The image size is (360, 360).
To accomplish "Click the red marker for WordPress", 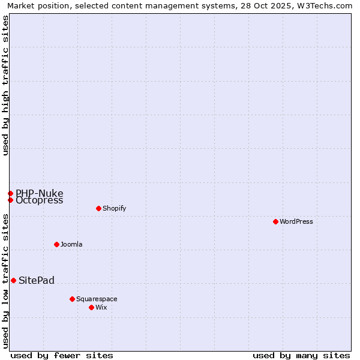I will pyautogui.click(x=275, y=221).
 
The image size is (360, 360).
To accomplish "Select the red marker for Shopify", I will pyautogui.click(x=98, y=208).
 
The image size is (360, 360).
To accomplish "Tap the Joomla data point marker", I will pyautogui.click(x=56, y=244).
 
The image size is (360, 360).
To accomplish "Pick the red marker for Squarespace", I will pyautogui.click(x=72, y=299).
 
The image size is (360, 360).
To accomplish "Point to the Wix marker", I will pyautogui.click(x=91, y=307).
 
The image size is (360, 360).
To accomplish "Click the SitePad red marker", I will pyautogui.click(x=13, y=280).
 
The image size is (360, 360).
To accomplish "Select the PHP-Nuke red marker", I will pyautogui.click(x=10, y=193).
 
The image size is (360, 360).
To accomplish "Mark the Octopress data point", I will pyautogui.click(x=10, y=200).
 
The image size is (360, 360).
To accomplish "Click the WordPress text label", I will pyautogui.click(x=296, y=221).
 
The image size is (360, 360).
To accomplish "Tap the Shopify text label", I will pyautogui.click(x=114, y=208).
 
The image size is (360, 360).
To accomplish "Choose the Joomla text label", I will pyautogui.click(x=71, y=244).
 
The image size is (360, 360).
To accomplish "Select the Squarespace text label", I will pyautogui.click(x=97, y=299).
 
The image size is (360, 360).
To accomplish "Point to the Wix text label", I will pyautogui.click(x=101, y=307).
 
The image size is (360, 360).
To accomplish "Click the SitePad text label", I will pyautogui.click(x=37, y=280).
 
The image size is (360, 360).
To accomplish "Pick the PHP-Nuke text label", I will pyautogui.click(x=39, y=193).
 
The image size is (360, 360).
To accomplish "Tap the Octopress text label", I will pyautogui.click(x=39, y=200).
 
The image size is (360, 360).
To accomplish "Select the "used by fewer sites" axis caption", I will pyautogui.click(x=62, y=355).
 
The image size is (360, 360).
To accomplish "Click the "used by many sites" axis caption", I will pyautogui.click(x=301, y=355).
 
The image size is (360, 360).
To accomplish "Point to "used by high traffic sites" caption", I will pyautogui.click(x=5, y=85).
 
